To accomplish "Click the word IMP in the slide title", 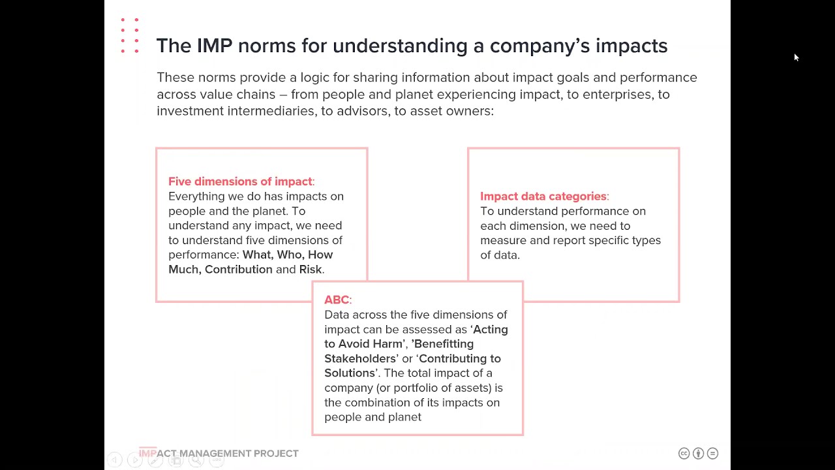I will [x=214, y=46].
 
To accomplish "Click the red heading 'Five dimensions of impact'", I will [x=240, y=181].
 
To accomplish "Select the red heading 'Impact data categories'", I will [x=543, y=196].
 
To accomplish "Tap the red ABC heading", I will [x=337, y=300].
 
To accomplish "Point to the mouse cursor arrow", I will [x=796, y=57].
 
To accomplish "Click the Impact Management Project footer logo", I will [x=219, y=453].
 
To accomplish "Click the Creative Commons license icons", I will [x=698, y=453].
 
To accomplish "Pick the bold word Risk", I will [x=311, y=270].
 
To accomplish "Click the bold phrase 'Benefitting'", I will [x=444, y=344].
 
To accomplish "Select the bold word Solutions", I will [x=350, y=373].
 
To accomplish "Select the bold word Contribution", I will [x=239, y=270].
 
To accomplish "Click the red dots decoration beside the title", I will [x=130, y=35].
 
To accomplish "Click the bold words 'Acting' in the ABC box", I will [x=491, y=330].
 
